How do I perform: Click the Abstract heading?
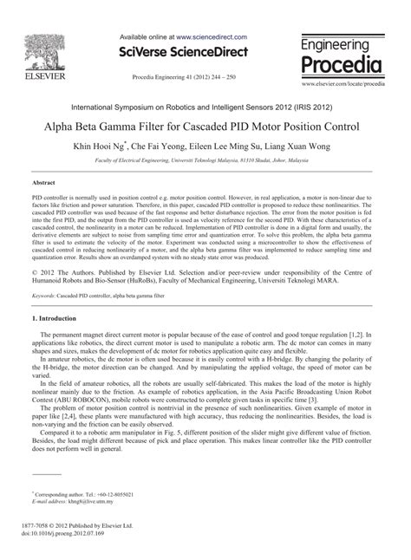pyautogui.click(x=42, y=184)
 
